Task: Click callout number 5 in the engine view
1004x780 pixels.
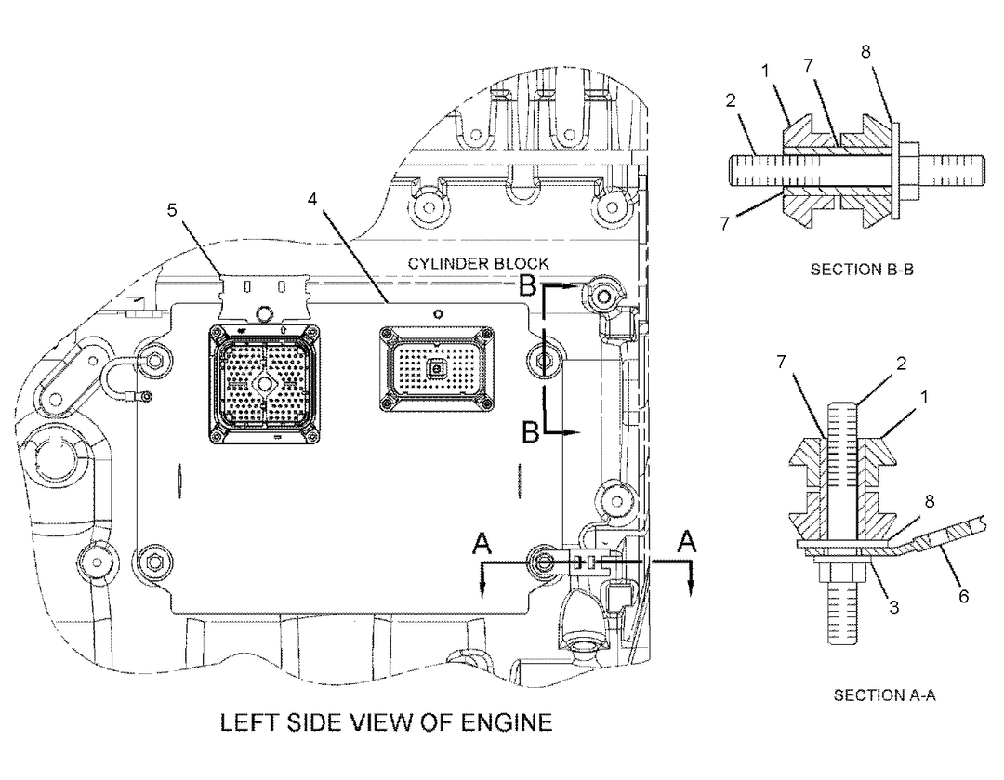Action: coord(171,210)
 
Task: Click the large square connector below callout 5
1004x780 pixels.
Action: coord(264,383)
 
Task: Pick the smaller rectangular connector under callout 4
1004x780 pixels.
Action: coord(434,368)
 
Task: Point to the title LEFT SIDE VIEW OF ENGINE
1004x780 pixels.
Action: coord(386,721)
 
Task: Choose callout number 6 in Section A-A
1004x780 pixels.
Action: coord(963,596)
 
